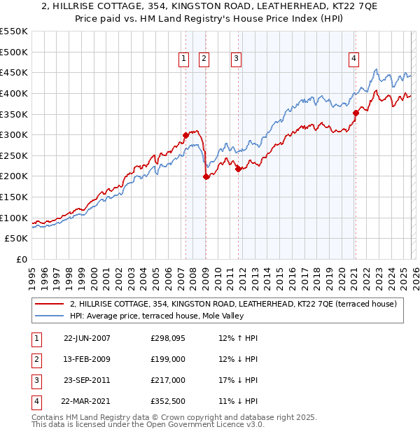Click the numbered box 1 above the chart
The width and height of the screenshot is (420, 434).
(x=184, y=59)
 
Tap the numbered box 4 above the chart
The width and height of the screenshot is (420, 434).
(x=354, y=59)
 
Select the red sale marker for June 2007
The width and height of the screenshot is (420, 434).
(x=185, y=135)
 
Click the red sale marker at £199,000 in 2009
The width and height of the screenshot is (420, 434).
(x=206, y=176)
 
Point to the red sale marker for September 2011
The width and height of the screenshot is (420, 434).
(x=238, y=169)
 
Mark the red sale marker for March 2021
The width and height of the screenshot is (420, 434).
(x=356, y=113)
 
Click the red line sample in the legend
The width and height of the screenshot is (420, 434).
(x=49, y=304)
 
